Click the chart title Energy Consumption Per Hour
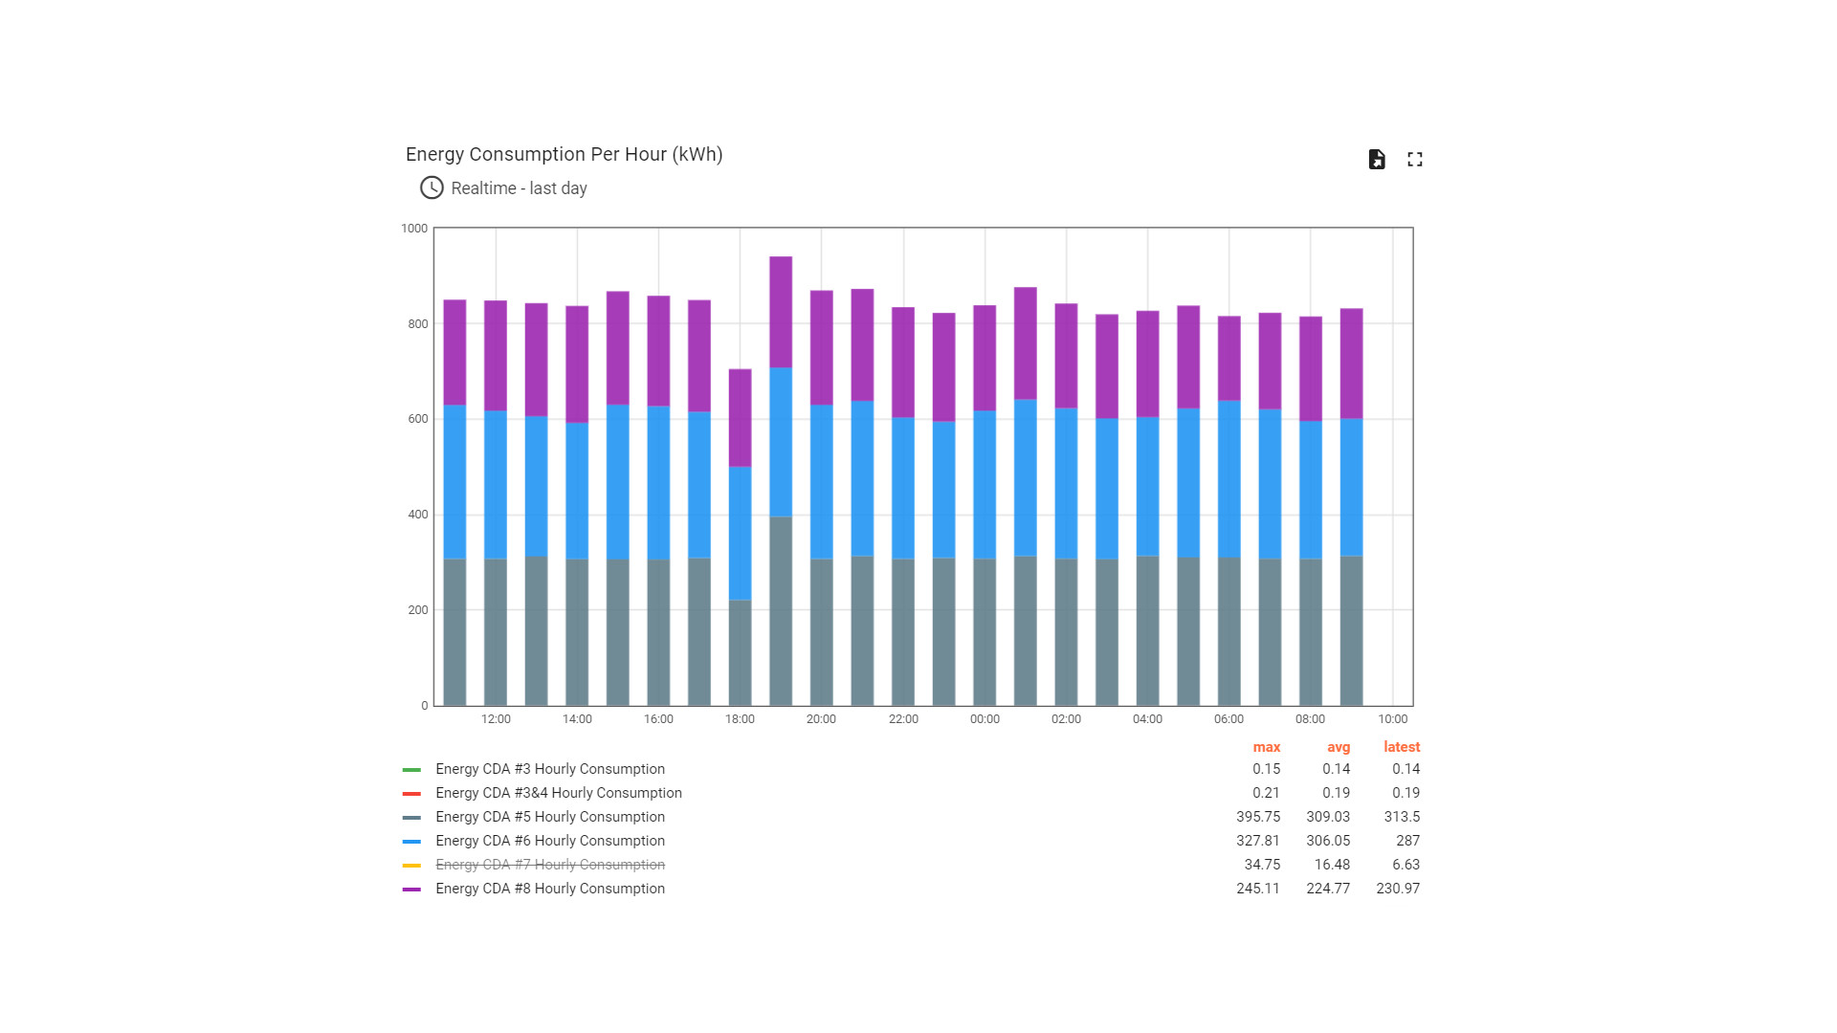[564, 155]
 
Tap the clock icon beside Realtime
[432, 187]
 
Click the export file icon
[1377, 160]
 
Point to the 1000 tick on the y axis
[414, 229]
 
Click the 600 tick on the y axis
[417, 419]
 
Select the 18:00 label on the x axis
[740, 719]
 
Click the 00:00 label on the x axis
[985, 719]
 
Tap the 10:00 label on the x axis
[1392, 719]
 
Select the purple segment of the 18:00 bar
[740, 418]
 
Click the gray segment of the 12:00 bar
[496, 631]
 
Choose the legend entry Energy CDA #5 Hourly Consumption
[549, 817]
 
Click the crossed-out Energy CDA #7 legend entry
[549, 865]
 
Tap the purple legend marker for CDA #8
[411, 890]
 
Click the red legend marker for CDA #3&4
[411, 794]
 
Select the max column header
[1266, 747]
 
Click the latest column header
[1402, 747]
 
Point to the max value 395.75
[1257, 817]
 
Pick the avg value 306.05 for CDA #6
[1328, 841]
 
